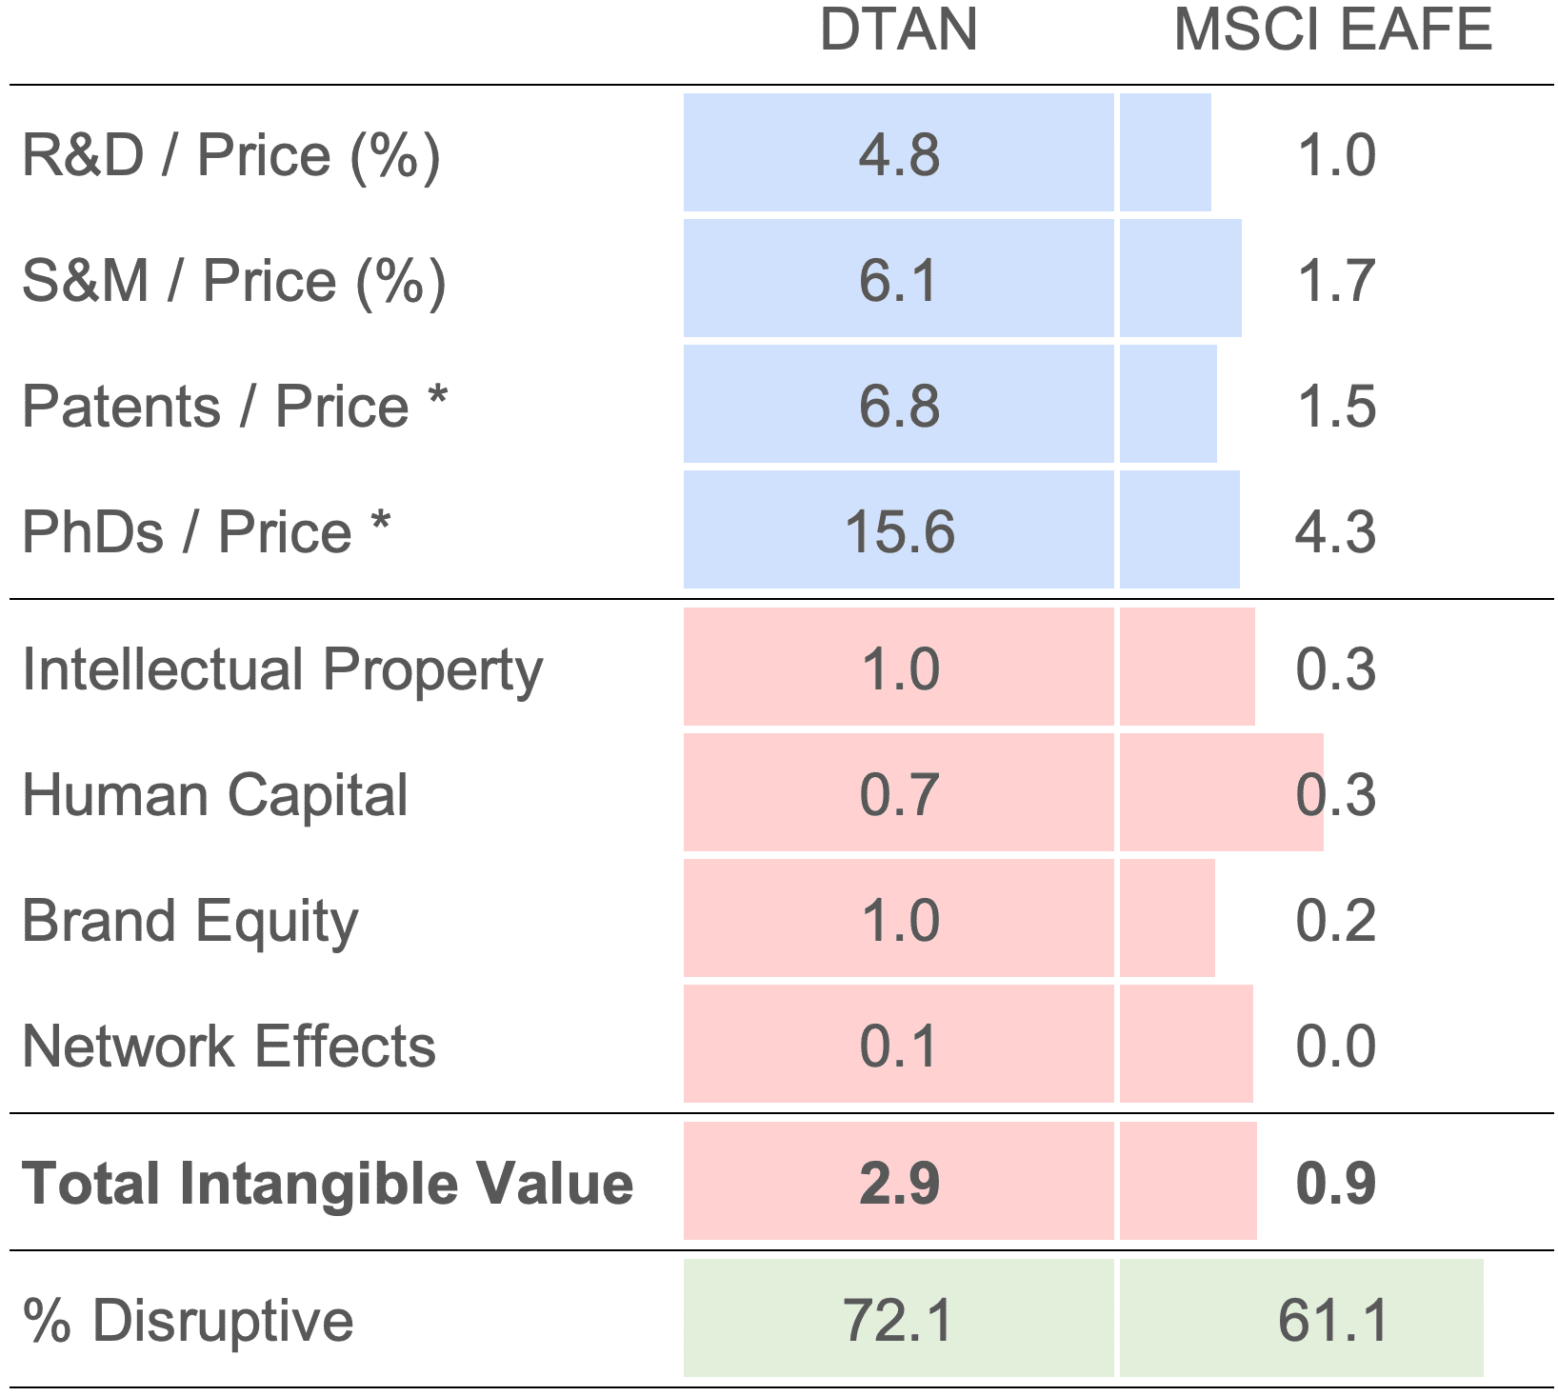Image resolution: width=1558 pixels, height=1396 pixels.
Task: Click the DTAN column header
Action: [898, 30]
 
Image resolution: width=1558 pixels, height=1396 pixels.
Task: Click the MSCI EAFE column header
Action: [1332, 30]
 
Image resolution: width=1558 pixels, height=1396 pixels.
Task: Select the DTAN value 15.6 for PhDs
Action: [899, 531]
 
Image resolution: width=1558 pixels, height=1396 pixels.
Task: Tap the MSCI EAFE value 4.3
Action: [1335, 531]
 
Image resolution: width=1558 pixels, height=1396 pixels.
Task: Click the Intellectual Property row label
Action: [282, 669]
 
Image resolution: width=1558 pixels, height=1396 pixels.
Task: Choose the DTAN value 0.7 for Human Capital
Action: [899, 795]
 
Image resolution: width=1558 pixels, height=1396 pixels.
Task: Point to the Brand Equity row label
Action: [190, 921]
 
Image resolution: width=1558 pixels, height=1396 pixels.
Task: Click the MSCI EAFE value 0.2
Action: [1335, 921]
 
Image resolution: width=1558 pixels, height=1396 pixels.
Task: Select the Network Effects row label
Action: [229, 1047]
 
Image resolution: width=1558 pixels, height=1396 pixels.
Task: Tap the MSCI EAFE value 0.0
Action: [1335, 1047]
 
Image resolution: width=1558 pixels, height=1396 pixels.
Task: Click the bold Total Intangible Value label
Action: [328, 1184]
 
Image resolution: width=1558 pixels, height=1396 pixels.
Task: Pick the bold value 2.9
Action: [899, 1184]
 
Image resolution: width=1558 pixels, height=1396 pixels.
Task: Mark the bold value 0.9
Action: [1335, 1184]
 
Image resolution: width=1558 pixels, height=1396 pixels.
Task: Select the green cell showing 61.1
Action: [1332, 1321]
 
